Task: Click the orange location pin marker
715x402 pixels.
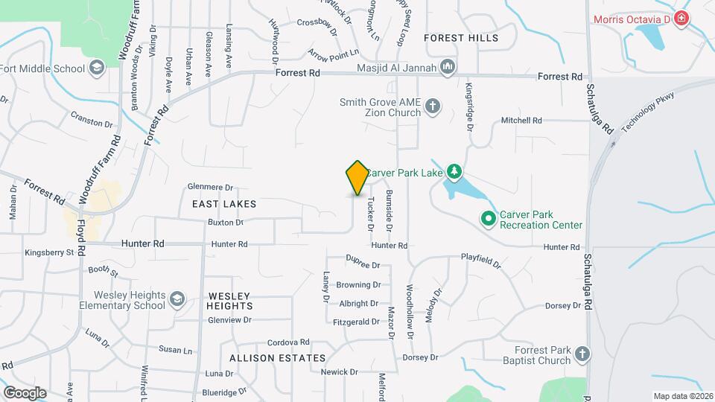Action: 357,178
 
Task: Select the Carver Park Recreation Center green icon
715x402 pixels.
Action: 489,219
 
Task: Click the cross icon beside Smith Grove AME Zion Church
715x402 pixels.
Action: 433,107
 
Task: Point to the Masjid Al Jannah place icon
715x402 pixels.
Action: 448,68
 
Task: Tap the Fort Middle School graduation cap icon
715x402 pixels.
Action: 96,69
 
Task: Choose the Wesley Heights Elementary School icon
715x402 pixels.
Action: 177,299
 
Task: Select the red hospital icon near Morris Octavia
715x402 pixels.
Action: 680,19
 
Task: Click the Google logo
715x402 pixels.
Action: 25,392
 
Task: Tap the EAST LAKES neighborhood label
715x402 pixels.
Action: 224,204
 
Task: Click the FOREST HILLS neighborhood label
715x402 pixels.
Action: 460,37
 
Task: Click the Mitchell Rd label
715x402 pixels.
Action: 521,120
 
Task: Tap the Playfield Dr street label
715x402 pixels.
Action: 481,262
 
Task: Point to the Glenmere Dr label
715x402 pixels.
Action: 211,188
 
